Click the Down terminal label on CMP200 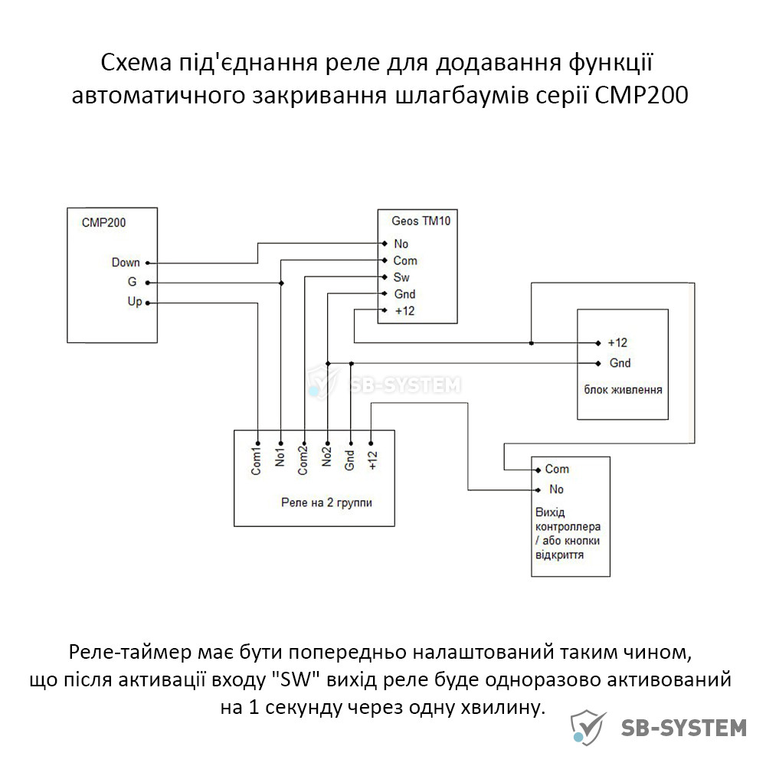(x=126, y=262)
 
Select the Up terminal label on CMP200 (x=134, y=302)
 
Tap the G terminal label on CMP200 (x=132, y=282)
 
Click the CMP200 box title (x=103, y=223)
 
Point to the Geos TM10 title (x=421, y=221)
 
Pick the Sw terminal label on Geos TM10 (x=401, y=277)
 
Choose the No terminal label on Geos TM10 (x=401, y=244)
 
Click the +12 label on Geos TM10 (x=404, y=311)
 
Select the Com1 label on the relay (x=256, y=461)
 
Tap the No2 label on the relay (x=326, y=457)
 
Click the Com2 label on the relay (x=303, y=461)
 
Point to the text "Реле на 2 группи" (x=326, y=502)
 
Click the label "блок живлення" (x=623, y=390)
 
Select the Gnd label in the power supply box (x=620, y=363)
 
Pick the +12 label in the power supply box (x=617, y=343)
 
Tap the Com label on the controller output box (x=557, y=469)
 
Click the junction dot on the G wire (x=281, y=283)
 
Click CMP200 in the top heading (x=641, y=95)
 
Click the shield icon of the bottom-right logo (x=588, y=728)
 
